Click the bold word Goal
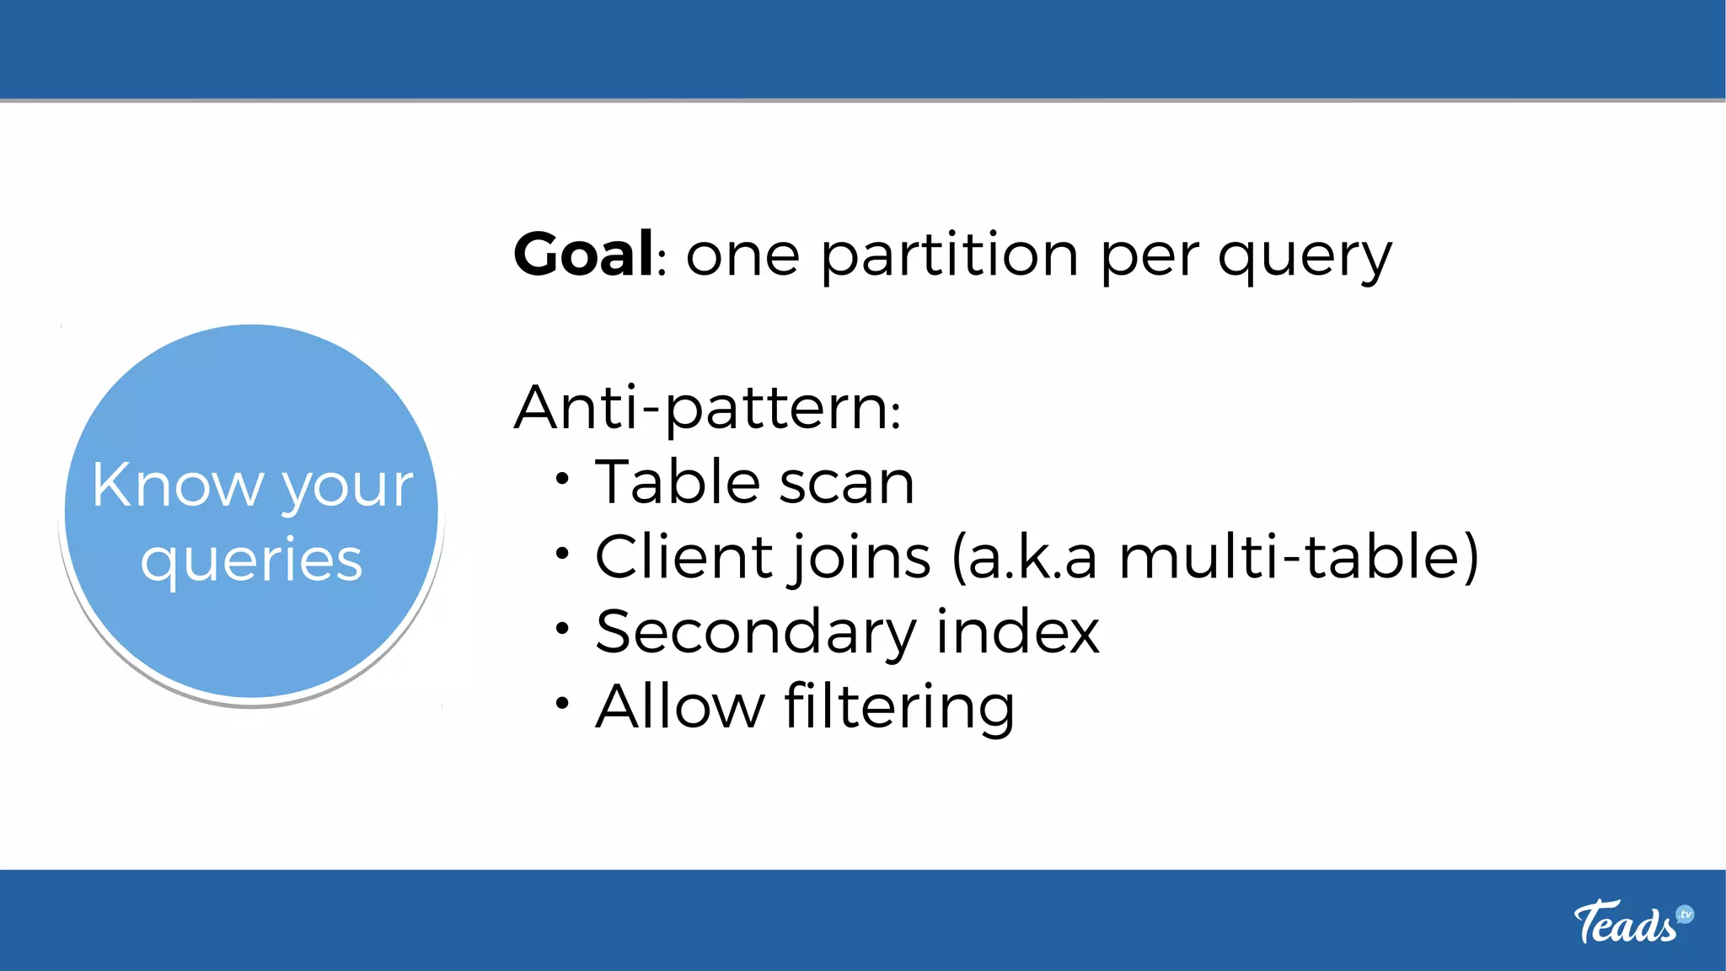click(x=583, y=254)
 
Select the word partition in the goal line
click(x=949, y=255)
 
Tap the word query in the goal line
click(x=1305, y=257)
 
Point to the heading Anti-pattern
click(x=707, y=408)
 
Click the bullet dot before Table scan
click(x=562, y=480)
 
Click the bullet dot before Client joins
click(x=562, y=554)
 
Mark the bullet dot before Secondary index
click(x=562, y=628)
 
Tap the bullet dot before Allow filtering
click(x=562, y=702)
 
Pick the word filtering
click(x=899, y=707)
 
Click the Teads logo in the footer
click(x=1632, y=921)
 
